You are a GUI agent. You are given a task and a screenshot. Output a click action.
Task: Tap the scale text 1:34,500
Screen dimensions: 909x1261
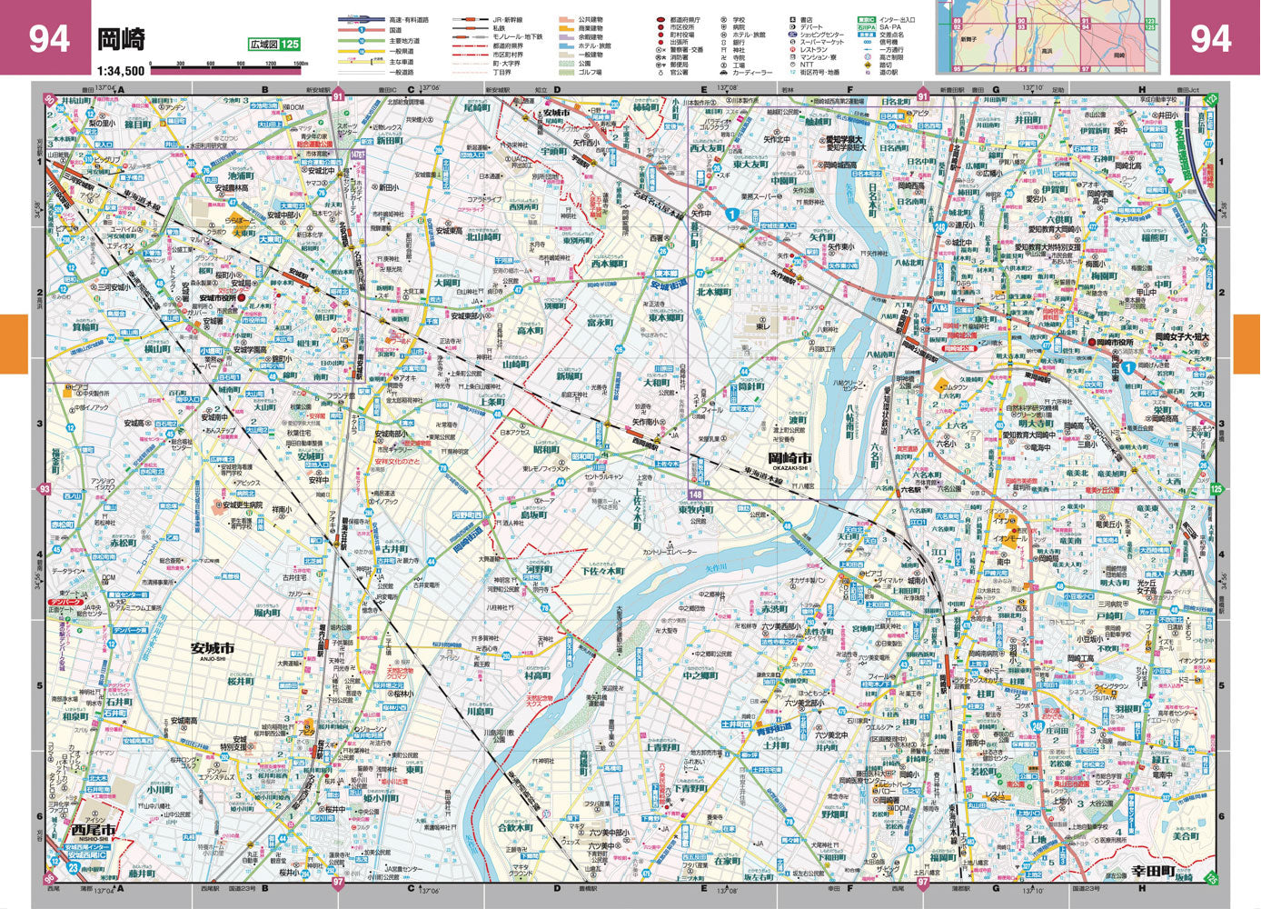121,69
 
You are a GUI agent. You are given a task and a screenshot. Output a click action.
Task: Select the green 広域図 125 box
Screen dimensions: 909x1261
273,45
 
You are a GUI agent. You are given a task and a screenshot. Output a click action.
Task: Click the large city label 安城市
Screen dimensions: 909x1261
212,648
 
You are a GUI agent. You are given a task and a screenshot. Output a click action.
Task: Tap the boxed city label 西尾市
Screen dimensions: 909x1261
94,830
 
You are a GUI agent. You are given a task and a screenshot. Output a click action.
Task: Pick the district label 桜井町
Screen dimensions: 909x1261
241,680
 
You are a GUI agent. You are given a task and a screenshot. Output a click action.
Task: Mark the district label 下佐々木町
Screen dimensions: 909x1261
602,571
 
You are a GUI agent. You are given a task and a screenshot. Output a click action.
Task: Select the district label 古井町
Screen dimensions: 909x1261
394,549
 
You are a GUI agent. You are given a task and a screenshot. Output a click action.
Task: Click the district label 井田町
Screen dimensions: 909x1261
1028,119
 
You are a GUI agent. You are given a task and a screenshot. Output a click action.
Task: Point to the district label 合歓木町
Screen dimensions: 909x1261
515,827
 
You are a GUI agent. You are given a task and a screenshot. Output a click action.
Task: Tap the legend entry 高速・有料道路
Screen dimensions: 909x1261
409,19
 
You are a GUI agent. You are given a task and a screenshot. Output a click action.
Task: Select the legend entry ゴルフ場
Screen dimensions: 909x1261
591,72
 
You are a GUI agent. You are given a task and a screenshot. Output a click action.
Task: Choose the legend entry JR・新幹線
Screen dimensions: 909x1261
510,19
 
